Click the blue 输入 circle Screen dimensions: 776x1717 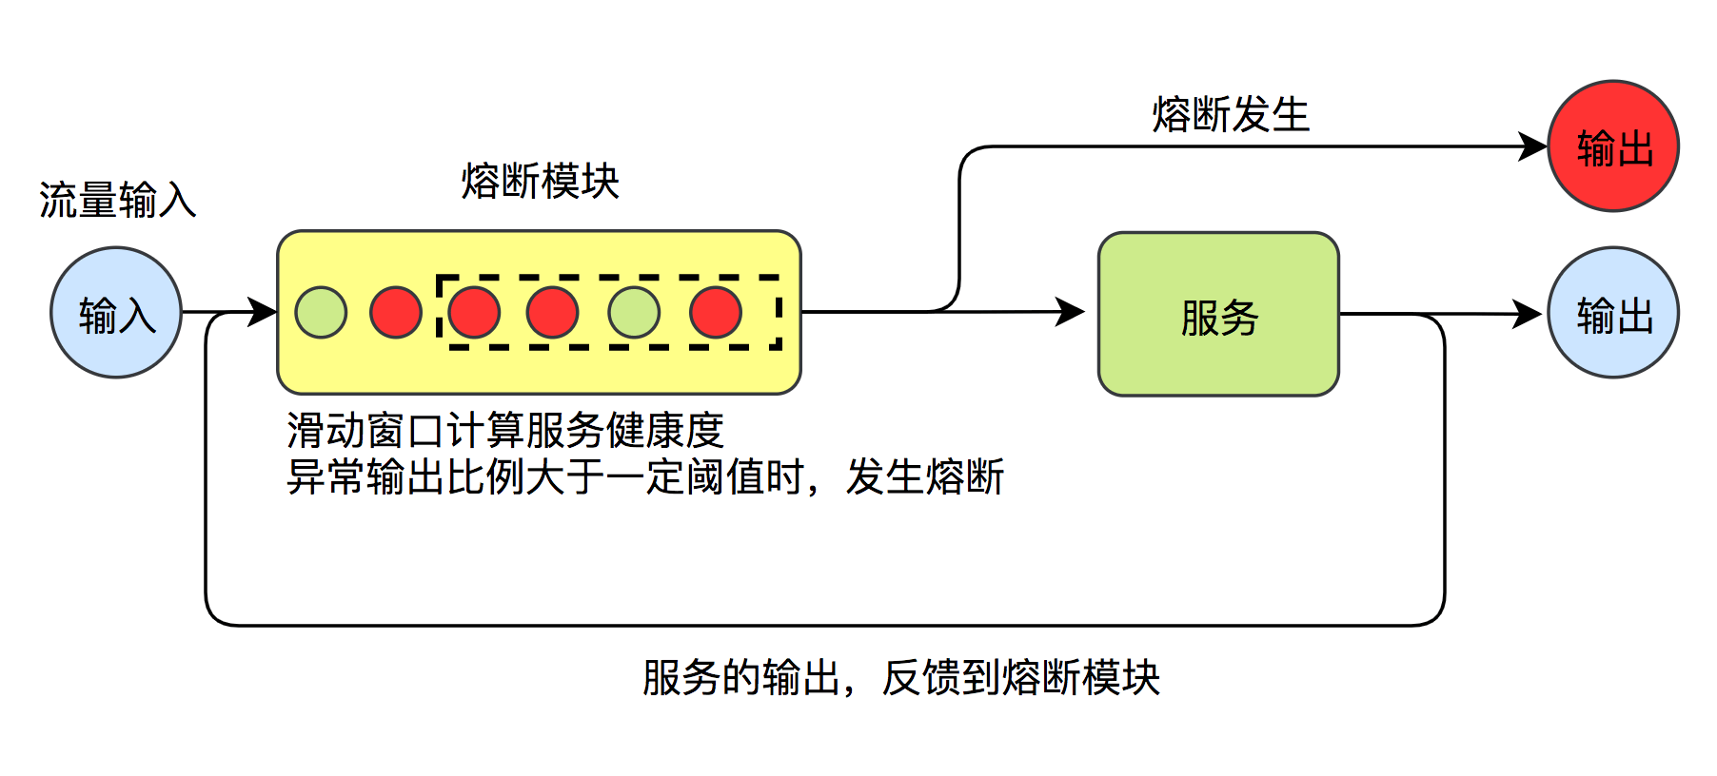pos(116,313)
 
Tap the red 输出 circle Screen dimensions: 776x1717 pos(1613,146)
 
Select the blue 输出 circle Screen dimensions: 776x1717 pos(1613,313)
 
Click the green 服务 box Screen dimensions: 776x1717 pos(1218,314)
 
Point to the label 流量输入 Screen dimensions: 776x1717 pos(117,200)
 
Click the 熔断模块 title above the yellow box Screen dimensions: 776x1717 pos(540,181)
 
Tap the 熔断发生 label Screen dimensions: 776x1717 pos(1230,115)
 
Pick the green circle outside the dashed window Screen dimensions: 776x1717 pos(321,312)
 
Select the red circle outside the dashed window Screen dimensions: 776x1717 pos(396,312)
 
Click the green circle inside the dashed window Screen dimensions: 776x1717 pos(634,312)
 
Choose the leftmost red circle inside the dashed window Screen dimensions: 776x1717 pos(474,312)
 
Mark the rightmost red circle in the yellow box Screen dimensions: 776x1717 pos(716,312)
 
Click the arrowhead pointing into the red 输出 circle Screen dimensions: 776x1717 pos(1533,146)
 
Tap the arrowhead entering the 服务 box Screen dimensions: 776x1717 pos(1071,311)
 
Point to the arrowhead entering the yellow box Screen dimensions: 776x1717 pos(263,311)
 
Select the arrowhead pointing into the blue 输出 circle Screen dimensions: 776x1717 pos(1528,313)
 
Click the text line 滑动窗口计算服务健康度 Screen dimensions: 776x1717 pos(504,431)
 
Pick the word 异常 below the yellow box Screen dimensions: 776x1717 pos(326,476)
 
